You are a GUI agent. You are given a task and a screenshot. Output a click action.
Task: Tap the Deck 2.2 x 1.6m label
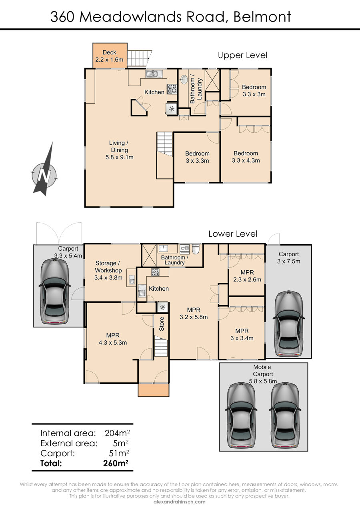(109, 56)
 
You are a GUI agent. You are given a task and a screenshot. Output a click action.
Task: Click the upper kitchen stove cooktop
(172, 89)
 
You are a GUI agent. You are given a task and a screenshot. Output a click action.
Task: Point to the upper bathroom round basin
(184, 80)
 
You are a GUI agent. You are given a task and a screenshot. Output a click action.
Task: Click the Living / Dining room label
(119, 150)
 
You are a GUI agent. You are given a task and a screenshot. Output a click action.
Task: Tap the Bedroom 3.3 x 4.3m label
(246, 157)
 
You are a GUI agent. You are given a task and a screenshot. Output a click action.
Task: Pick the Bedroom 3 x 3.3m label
(197, 157)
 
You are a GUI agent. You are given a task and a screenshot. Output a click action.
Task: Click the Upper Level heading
(242, 55)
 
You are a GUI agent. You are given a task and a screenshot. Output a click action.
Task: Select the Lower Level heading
(233, 234)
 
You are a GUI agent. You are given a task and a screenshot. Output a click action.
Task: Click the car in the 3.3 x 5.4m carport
(54, 292)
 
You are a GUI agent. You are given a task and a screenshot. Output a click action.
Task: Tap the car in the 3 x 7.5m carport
(289, 324)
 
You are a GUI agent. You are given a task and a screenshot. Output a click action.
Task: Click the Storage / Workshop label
(108, 270)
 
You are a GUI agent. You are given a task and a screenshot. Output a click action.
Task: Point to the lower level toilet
(196, 249)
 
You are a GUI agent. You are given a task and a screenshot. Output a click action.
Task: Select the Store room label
(161, 324)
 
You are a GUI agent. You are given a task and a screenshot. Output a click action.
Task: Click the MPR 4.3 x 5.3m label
(113, 339)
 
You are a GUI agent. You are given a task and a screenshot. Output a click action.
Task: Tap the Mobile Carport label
(263, 374)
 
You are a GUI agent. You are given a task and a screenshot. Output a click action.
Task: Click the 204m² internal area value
(117, 433)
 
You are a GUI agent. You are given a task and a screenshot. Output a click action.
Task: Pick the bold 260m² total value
(116, 463)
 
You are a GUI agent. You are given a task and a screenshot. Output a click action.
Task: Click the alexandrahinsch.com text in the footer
(180, 502)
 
